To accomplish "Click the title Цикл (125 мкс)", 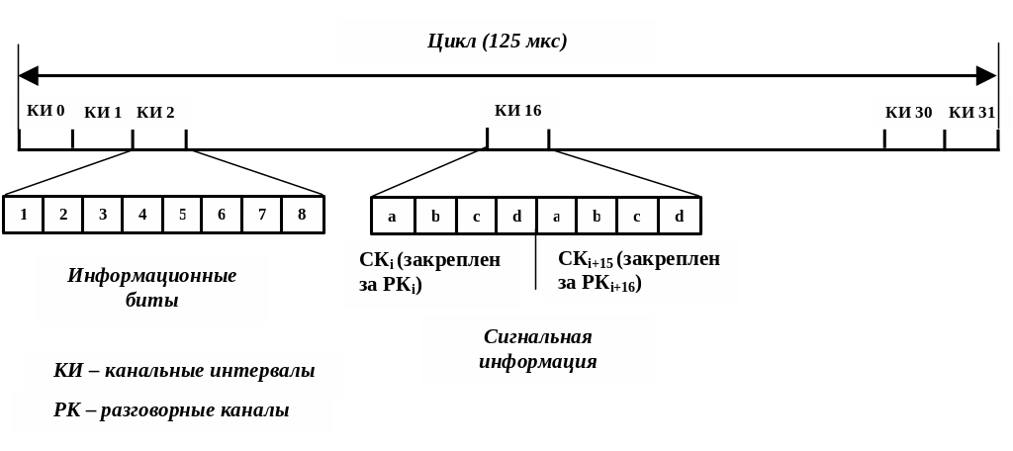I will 497,42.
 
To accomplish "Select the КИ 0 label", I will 46,111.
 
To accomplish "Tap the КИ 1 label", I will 103,113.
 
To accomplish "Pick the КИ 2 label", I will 155,113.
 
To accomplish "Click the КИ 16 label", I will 518,111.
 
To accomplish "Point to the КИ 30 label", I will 908,113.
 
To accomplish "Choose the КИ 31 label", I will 971,113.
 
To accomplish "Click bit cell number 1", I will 24,215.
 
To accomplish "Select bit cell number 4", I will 142,215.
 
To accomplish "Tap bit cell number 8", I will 302,215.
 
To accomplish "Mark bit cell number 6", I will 222,215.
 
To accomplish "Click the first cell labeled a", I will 392,217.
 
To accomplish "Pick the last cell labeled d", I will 679,217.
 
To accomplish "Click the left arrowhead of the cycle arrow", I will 28,76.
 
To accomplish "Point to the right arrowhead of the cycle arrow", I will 986,76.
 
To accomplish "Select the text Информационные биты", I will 151,288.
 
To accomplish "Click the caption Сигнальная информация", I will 537,349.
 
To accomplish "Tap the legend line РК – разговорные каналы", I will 171,410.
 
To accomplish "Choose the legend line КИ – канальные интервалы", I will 184,372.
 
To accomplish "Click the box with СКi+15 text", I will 639,271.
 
